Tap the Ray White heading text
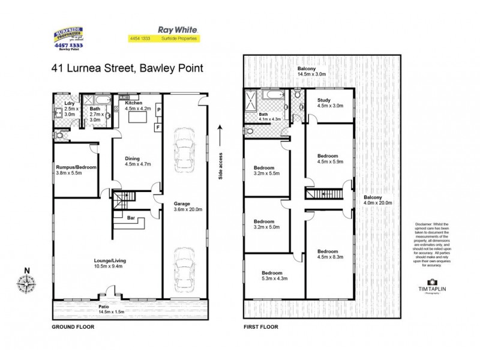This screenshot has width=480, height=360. click(170, 29)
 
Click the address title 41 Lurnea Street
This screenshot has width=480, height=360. click(127, 68)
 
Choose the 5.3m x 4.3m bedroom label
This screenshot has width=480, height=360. click(265, 275)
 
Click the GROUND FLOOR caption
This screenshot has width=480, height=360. click(73, 328)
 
